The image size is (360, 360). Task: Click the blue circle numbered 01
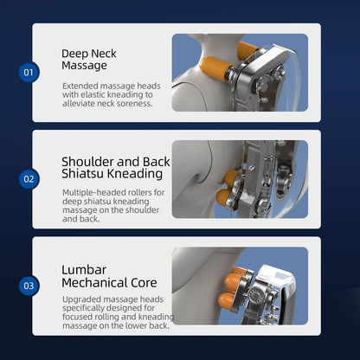click(x=28, y=72)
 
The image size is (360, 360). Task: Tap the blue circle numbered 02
click(x=28, y=179)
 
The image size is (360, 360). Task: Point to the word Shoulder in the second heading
click(x=87, y=161)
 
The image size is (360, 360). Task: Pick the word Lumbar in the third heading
click(x=85, y=269)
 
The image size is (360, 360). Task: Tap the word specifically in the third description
click(x=86, y=309)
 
